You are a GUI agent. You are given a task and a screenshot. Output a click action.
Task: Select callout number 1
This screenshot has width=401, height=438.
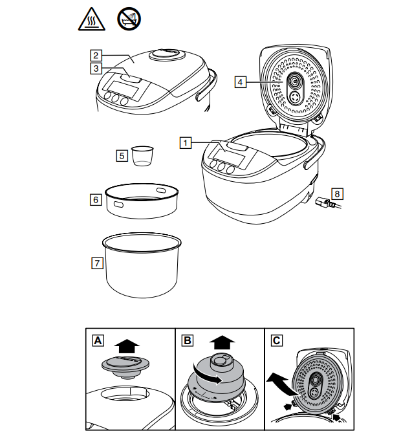[x=186, y=142]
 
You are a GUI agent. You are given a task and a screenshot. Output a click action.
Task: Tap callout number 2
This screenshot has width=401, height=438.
[x=95, y=55]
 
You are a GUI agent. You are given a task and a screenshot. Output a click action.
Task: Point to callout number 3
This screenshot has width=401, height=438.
[x=95, y=68]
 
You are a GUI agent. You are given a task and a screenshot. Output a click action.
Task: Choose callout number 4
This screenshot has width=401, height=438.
[x=240, y=82]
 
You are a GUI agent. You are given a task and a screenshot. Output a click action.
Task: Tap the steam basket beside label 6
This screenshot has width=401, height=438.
[x=142, y=200]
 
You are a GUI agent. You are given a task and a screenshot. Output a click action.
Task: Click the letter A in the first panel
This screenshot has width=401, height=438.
[x=98, y=340]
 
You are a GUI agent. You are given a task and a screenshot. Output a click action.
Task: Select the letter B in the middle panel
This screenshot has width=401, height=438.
[x=187, y=340]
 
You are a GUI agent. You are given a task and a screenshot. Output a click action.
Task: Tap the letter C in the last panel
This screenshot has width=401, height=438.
[x=276, y=340]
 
